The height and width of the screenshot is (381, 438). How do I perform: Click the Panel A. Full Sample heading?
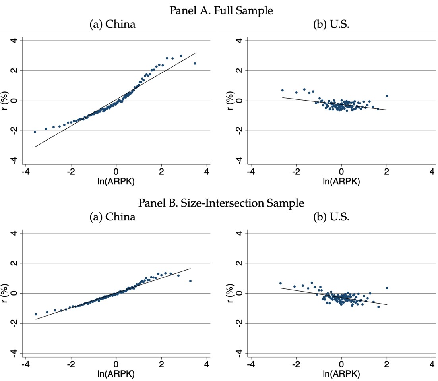(221, 11)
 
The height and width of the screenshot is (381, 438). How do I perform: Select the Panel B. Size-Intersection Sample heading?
(221, 203)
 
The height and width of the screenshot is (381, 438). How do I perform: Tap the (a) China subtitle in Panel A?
(112, 24)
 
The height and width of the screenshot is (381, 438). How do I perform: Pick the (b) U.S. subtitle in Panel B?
(331, 217)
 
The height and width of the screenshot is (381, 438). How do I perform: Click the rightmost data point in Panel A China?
(195, 63)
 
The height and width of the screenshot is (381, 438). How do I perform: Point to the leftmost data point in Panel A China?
(35, 132)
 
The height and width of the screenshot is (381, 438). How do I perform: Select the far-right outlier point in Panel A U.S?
(387, 96)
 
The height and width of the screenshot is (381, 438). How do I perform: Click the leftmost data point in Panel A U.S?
(283, 90)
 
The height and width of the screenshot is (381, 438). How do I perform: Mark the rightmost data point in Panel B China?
(190, 281)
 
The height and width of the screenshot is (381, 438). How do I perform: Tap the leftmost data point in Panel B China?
(36, 314)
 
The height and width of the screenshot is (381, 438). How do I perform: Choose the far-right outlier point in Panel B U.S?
(387, 288)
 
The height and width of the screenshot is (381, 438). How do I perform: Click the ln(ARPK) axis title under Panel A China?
(116, 182)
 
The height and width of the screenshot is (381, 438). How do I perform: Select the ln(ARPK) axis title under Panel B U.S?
(341, 374)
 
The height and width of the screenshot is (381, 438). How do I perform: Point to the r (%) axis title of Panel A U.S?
(230, 101)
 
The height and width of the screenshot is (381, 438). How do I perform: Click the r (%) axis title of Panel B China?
(4, 293)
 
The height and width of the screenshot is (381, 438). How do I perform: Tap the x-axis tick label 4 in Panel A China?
(207, 171)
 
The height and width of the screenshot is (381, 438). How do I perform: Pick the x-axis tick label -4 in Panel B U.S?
(250, 364)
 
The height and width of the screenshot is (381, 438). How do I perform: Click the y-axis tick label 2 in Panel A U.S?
(239, 70)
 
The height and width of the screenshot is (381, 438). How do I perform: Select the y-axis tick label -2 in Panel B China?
(14, 323)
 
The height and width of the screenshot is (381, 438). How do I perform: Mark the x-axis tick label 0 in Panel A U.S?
(341, 171)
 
